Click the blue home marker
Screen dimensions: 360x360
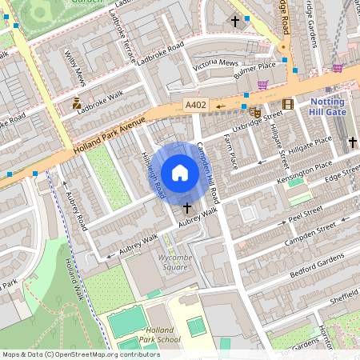tap(180, 172)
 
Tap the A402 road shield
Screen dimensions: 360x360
tap(195, 105)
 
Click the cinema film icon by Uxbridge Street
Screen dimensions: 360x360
tap(287, 103)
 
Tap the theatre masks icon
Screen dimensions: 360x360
tap(255, 112)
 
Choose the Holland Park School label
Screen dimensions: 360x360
tap(158, 334)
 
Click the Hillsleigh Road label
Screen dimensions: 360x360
tap(153, 175)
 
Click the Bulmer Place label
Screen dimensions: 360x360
tap(254, 69)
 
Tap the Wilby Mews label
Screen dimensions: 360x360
tap(76, 73)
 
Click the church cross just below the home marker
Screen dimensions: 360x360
tap(186, 207)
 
